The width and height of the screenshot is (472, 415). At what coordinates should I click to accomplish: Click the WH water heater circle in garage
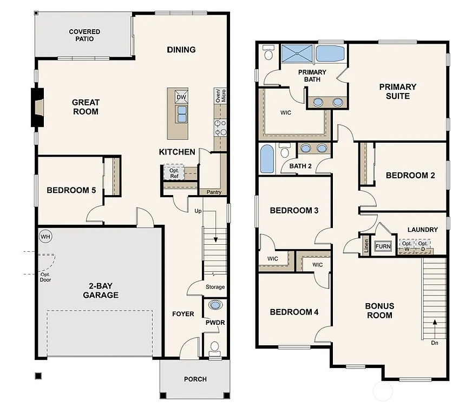[45, 236]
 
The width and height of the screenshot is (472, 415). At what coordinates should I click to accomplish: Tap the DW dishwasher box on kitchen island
[181, 97]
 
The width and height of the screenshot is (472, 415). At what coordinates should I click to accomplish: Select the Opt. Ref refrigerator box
[174, 173]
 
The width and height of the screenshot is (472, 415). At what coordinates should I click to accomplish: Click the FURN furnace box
[383, 246]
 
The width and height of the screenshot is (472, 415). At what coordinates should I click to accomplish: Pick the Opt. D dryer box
[423, 246]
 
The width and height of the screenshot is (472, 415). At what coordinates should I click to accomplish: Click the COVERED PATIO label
[84, 35]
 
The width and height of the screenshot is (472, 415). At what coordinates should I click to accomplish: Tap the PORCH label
[195, 379]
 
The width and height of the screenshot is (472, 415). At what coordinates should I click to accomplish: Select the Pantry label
[210, 192]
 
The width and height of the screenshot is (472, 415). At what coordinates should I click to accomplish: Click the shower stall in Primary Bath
[297, 54]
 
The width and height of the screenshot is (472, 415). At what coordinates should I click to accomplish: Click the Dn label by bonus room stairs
[434, 342]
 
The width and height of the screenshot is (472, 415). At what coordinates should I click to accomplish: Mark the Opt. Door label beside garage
[45, 277]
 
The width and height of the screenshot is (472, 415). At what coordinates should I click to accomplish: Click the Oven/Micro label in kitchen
[220, 96]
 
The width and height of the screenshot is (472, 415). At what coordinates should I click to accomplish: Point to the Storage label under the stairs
[215, 287]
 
